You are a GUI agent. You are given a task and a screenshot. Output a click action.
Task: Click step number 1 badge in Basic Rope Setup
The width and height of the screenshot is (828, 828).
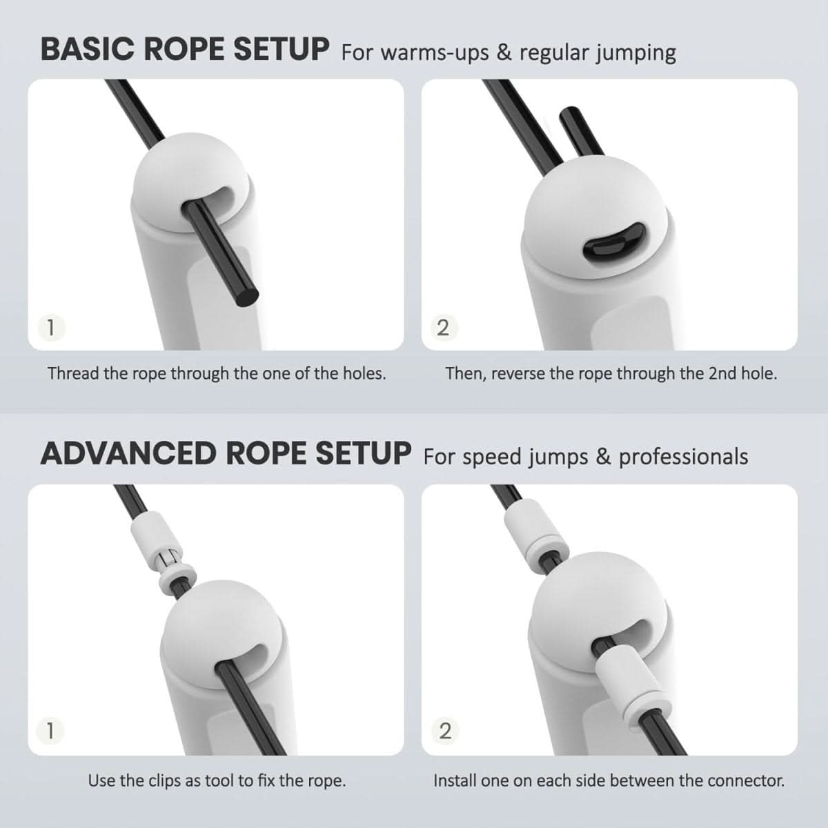pos(49,326)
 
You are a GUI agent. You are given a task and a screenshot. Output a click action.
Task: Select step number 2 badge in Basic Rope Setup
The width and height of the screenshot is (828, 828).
pos(443,327)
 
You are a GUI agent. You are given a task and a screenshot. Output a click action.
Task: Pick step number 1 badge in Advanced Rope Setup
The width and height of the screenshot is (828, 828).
pos(49,730)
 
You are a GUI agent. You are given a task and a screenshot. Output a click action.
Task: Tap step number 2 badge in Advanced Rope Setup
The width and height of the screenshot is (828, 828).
pos(444,730)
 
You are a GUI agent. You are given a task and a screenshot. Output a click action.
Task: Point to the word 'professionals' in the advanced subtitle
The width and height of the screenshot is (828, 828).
pos(683,457)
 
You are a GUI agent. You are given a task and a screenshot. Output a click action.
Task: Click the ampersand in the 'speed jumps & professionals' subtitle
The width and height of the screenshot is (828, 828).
pos(604,457)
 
